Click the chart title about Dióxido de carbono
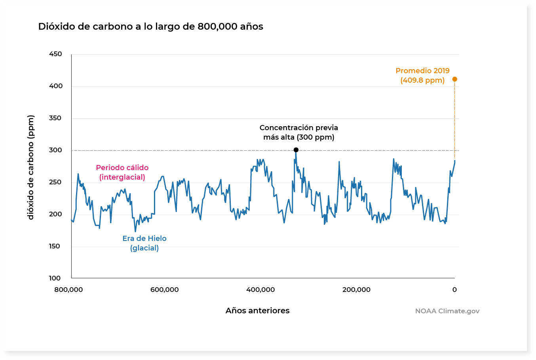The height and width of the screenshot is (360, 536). pyautogui.click(x=150, y=27)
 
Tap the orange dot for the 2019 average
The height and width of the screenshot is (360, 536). pyautogui.click(x=454, y=79)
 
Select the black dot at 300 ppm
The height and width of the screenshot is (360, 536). pyautogui.click(x=296, y=150)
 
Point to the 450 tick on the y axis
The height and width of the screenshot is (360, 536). pyautogui.click(x=55, y=54)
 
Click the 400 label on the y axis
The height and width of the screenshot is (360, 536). pyautogui.click(x=55, y=86)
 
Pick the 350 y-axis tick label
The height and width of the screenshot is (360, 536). pyautogui.click(x=55, y=118)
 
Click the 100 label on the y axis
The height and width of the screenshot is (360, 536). pyautogui.click(x=55, y=278)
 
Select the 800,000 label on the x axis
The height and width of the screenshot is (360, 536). pyautogui.click(x=68, y=290)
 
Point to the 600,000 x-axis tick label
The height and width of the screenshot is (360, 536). pyautogui.click(x=164, y=290)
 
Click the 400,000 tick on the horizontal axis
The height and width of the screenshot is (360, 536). pyautogui.click(x=260, y=290)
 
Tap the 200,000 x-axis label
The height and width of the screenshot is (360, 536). pyautogui.click(x=356, y=290)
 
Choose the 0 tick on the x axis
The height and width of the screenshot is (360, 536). pyautogui.click(x=454, y=290)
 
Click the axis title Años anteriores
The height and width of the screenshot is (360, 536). pyautogui.click(x=257, y=311)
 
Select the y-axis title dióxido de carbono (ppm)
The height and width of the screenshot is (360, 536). pyautogui.click(x=31, y=167)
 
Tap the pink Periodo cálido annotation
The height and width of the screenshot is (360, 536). pyautogui.click(x=122, y=172)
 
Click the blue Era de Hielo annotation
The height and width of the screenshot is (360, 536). pyautogui.click(x=144, y=243)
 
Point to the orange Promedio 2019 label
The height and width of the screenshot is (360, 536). pyautogui.click(x=422, y=75)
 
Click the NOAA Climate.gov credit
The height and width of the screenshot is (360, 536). pyautogui.click(x=447, y=311)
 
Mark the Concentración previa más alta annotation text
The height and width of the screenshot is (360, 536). pyautogui.click(x=299, y=132)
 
